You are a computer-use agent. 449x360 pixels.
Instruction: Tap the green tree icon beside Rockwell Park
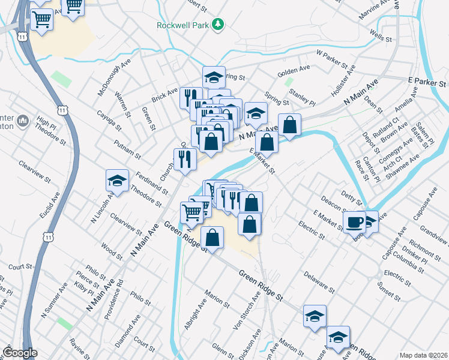(x=220, y=25)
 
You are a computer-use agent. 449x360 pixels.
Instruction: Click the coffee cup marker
(x=355, y=223)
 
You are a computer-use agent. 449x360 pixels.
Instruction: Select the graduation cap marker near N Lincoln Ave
(x=117, y=180)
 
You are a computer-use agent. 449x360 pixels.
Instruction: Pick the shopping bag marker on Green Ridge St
(x=212, y=238)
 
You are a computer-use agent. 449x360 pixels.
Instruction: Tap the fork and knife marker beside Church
(x=185, y=159)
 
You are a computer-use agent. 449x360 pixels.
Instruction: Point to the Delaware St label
(x=318, y=282)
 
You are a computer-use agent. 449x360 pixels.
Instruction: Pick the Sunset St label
(x=390, y=293)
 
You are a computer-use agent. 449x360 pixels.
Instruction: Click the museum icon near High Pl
(x=23, y=122)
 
